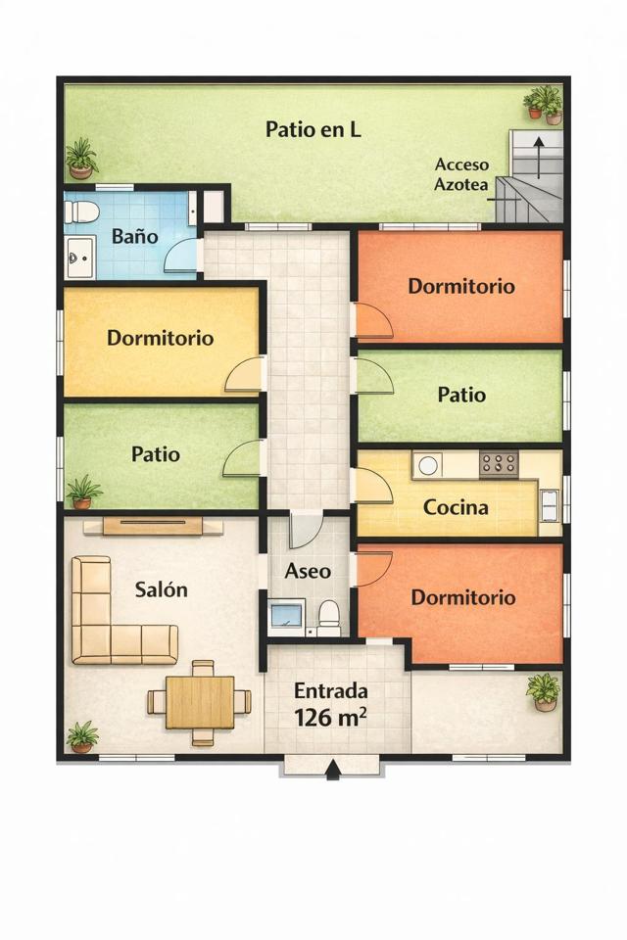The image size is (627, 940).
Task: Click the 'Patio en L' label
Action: [x=313, y=129]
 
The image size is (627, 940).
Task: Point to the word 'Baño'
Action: [x=135, y=236]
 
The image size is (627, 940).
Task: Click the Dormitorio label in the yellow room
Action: [x=160, y=338]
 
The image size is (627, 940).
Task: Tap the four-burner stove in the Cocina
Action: [x=499, y=464]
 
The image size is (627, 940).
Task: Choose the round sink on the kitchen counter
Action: [x=428, y=466]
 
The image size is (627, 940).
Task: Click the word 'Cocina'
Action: [x=456, y=508]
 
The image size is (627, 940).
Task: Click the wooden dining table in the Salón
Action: [x=200, y=702]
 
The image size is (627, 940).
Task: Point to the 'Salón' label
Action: [x=161, y=589]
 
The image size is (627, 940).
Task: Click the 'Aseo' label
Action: [x=308, y=571]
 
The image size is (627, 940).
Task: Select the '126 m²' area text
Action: [x=331, y=717]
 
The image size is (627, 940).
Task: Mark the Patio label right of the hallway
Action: [x=460, y=395]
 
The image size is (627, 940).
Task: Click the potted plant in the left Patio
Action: [x=83, y=491]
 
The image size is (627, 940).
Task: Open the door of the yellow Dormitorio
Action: [x=245, y=377]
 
